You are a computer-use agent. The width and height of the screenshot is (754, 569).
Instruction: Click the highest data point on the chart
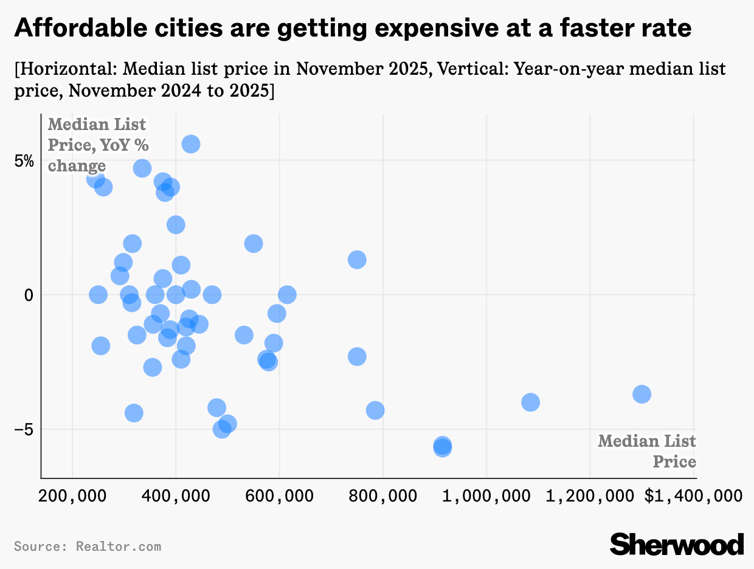click(190, 144)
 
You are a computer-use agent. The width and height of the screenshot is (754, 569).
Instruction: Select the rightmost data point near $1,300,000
click(642, 394)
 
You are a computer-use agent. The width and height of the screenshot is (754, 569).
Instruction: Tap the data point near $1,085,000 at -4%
click(530, 402)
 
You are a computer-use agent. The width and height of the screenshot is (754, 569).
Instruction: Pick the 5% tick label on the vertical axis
click(25, 162)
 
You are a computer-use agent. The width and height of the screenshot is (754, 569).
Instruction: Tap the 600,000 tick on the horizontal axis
click(279, 496)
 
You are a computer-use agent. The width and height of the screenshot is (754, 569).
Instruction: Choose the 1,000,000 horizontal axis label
click(486, 496)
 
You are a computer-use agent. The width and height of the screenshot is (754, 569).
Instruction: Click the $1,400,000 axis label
click(693, 496)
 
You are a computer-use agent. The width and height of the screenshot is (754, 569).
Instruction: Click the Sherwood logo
click(677, 543)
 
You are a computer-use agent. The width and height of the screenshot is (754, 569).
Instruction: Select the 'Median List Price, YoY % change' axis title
click(97, 145)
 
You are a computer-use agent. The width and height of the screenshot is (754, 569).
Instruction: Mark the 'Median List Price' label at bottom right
click(647, 450)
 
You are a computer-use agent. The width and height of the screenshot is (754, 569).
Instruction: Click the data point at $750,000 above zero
click(357, 260)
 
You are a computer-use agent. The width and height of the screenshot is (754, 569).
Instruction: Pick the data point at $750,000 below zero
click(357, 356)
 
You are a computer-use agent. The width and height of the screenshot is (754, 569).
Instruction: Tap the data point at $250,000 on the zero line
click(98, 295)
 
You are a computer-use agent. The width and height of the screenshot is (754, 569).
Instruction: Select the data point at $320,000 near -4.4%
click(134, 413)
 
